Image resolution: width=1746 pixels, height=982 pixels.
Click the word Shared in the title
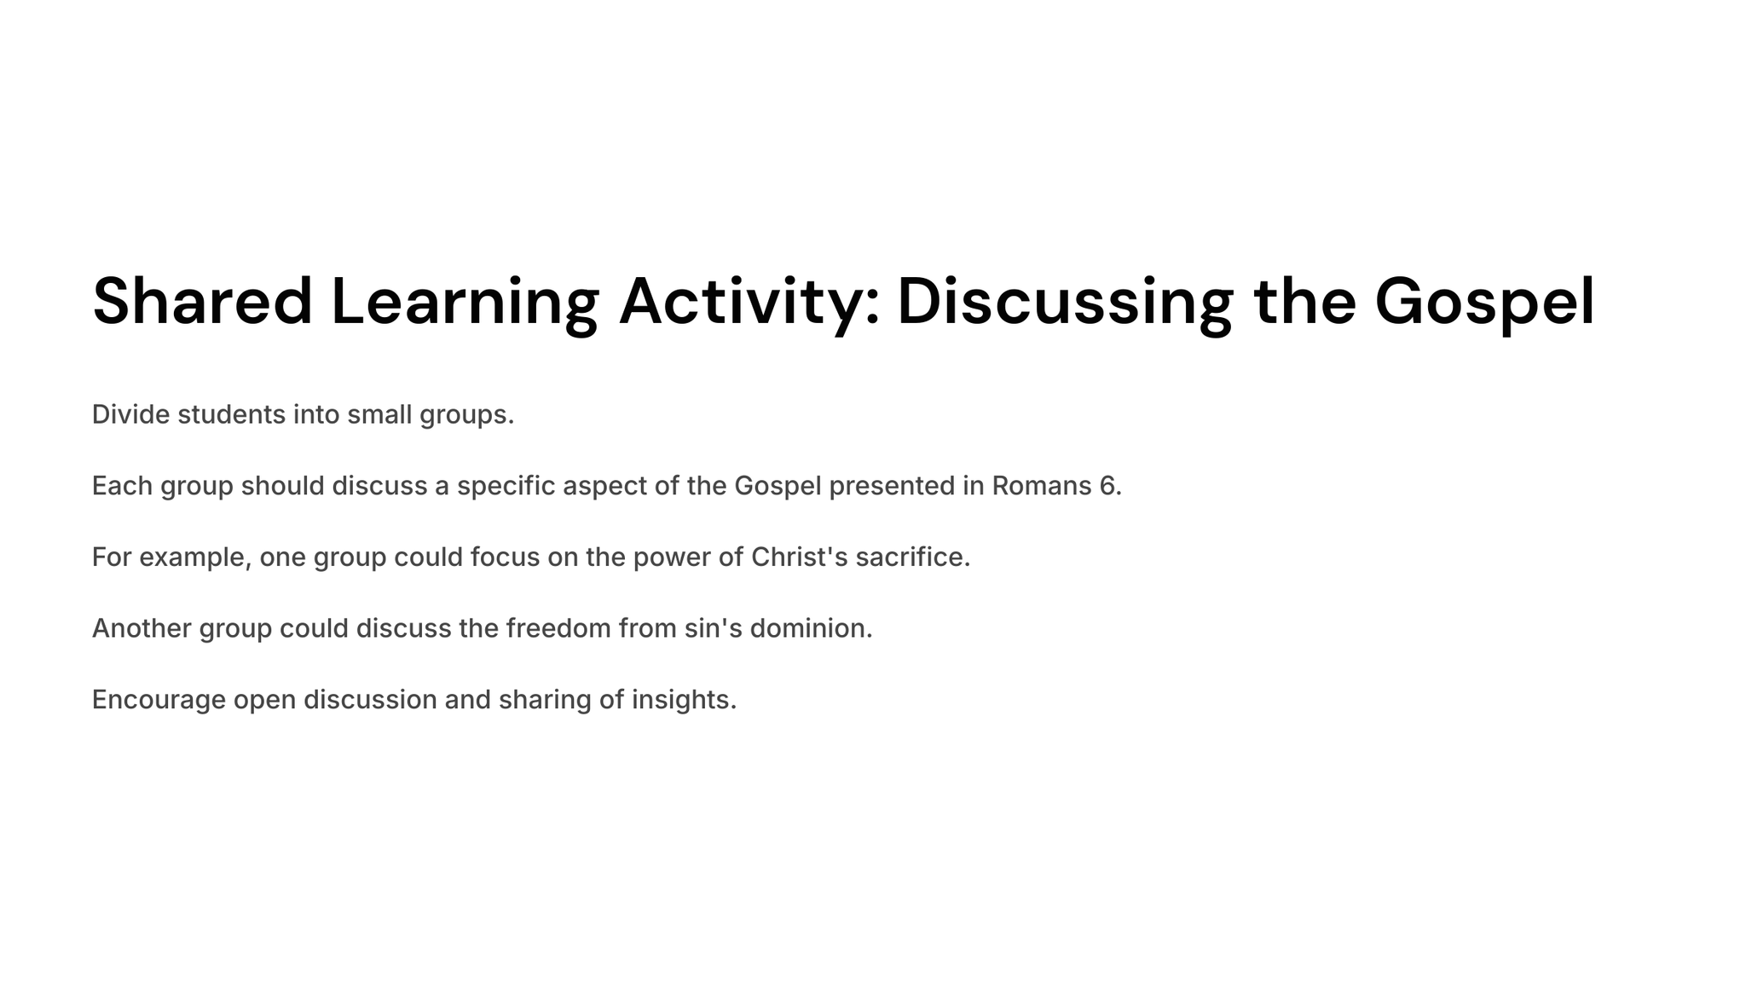203,301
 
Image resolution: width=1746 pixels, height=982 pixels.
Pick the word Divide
130,414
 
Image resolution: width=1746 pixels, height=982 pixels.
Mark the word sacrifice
910,557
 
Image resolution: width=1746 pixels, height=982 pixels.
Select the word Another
142,628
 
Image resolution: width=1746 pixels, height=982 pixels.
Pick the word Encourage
159,701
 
